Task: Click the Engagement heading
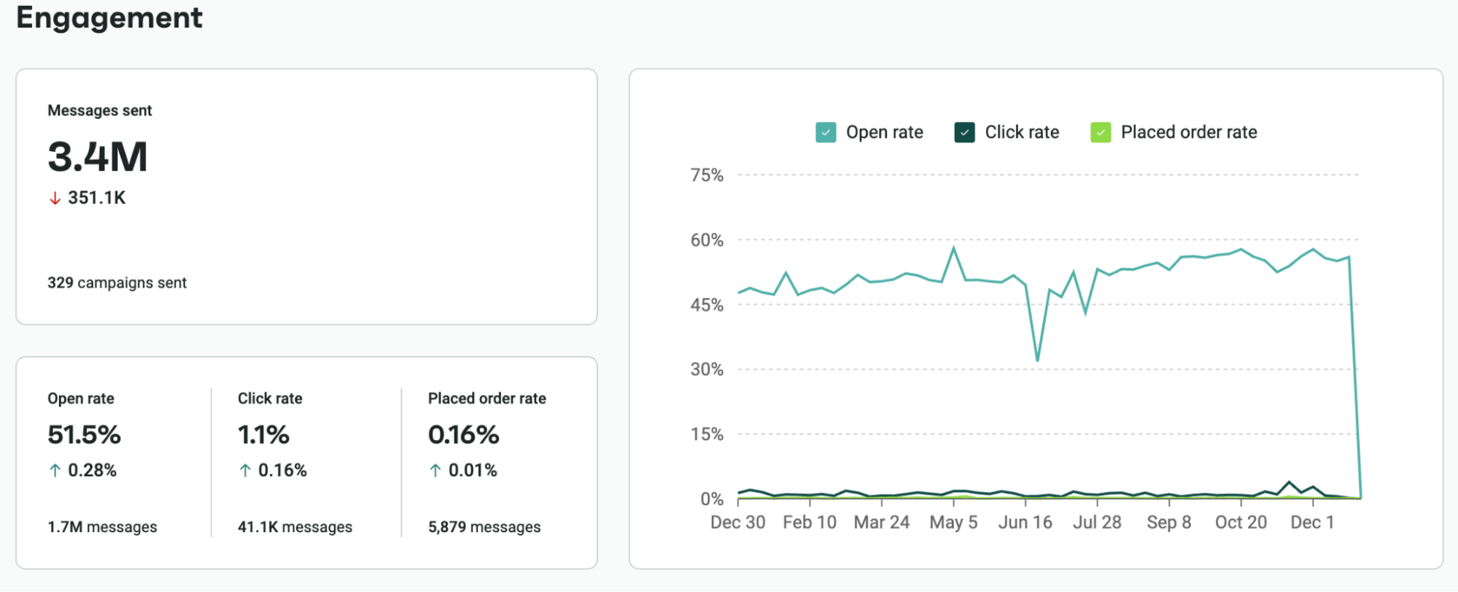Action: coord(109,18)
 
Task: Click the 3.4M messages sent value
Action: coord(98,157)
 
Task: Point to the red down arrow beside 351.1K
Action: coord(55,199)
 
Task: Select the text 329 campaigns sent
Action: coord(117,282)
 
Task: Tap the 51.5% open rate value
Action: coord(84,435)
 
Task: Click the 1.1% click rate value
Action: coord(263,435)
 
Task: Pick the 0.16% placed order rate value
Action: coord(463,435)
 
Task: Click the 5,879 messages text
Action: coord(484,527)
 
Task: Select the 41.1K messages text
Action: coord(295,527)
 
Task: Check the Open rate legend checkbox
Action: coord(826,132)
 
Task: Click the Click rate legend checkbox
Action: coord(964,132)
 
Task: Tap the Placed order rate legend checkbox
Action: coord(1100,132)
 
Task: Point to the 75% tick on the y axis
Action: coord(707,175)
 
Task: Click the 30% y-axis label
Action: coord(707,369)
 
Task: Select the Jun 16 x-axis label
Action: coord(1025,523)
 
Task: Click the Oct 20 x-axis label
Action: coord(1241,523)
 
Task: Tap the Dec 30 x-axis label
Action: coord(737,523)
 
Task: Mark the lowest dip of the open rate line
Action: coord(1037,361)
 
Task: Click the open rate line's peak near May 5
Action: coord(953,248)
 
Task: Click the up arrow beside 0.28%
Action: coord(55,471)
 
